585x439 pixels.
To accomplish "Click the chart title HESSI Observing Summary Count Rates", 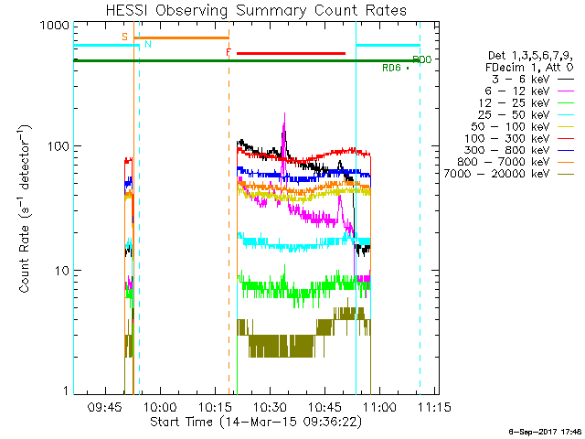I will coord(247,11).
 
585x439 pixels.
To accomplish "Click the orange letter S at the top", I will coord(124,36).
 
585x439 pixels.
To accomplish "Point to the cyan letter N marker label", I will coord(148,44).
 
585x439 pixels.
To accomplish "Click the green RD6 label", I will coord(391,68).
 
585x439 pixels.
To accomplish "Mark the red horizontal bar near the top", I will coord(291,53).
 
